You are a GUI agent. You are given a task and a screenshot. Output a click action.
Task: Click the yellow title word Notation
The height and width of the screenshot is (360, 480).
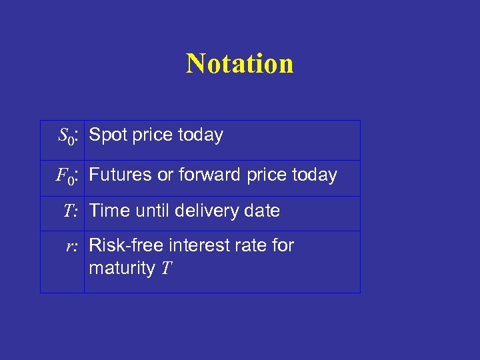click(x=239, y=63)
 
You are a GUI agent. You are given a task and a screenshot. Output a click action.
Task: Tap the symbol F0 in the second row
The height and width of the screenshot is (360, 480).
click(x=66, y=176)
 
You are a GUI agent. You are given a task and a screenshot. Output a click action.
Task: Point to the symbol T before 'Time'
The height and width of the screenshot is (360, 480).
click(x=70, y=211)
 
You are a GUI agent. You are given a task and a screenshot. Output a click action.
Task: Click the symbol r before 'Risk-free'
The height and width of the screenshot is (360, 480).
click(x=71, y=247)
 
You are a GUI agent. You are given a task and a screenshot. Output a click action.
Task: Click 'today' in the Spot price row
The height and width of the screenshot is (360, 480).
click(x=200, y=135)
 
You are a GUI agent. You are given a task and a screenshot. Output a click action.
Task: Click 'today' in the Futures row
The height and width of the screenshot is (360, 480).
click(x=315, y=175)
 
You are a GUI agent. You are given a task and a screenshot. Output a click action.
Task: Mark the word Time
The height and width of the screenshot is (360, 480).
click(x=108, y=211)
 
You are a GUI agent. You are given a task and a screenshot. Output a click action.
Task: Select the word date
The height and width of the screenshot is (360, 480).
click(x=263, y=211)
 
